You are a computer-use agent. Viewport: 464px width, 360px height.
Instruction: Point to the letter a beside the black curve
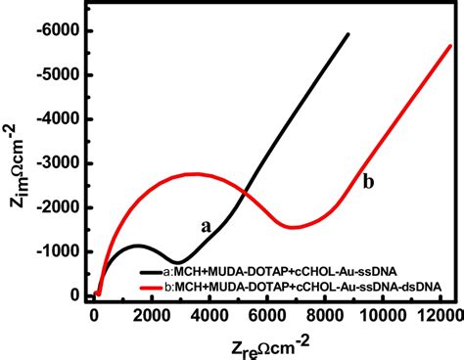pos(206,225)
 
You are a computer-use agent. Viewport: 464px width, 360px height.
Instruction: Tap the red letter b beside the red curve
pos(368,181)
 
